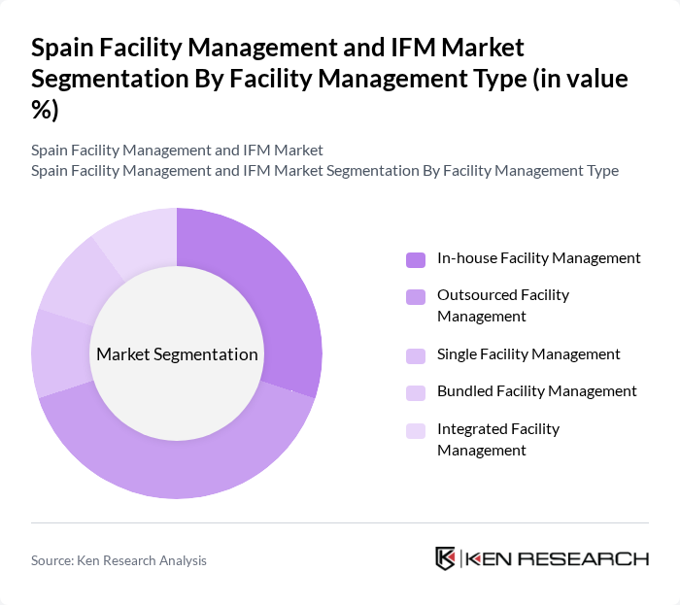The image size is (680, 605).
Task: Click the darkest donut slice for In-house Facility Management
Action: [282, 291]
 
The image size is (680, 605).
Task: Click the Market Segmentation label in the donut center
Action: [177, 354]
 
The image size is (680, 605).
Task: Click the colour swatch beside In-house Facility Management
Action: [416, 259]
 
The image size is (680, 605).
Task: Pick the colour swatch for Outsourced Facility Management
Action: [416, 295]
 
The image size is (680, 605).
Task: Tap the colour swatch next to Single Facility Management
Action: [416, 355]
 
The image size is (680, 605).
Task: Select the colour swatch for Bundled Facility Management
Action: [416, 392]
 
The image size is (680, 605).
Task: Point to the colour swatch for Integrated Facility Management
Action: [416, 429]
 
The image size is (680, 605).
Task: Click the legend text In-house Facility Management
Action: [538, 258]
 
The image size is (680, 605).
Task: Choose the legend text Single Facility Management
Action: [528, 354]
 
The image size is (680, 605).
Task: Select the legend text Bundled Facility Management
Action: [537, 391]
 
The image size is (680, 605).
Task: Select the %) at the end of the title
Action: [45, 111]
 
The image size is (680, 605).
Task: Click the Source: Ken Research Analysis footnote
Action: [119, 560]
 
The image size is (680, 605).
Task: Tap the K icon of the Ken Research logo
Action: [446, 558]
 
